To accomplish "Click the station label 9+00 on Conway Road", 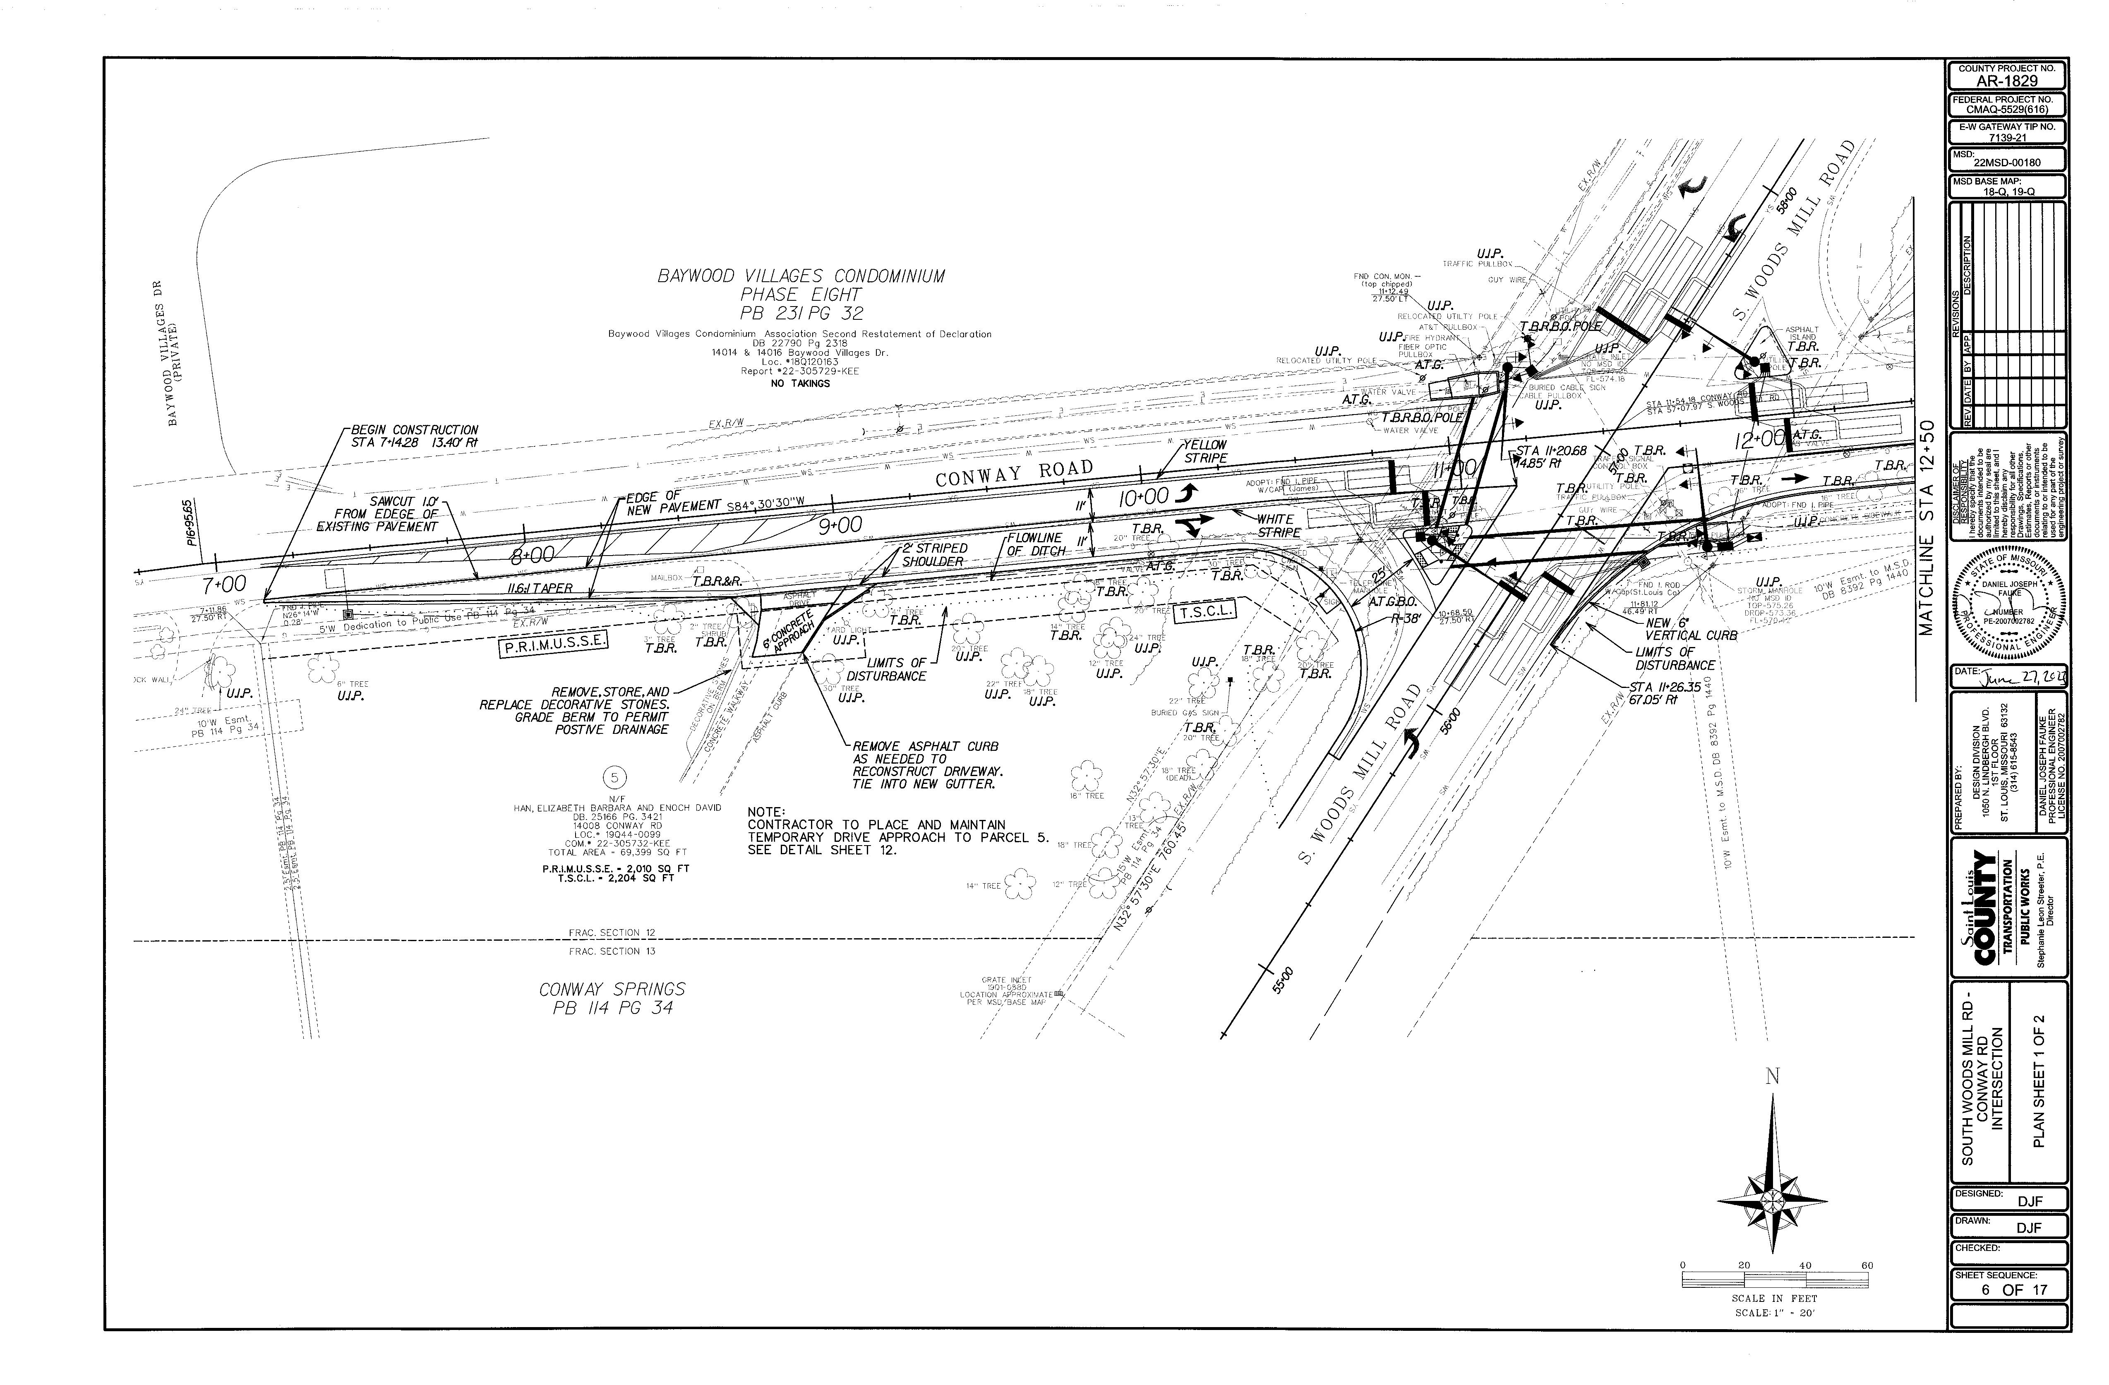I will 839,525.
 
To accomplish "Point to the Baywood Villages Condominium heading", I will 801,294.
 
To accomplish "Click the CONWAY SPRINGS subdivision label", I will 612,998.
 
